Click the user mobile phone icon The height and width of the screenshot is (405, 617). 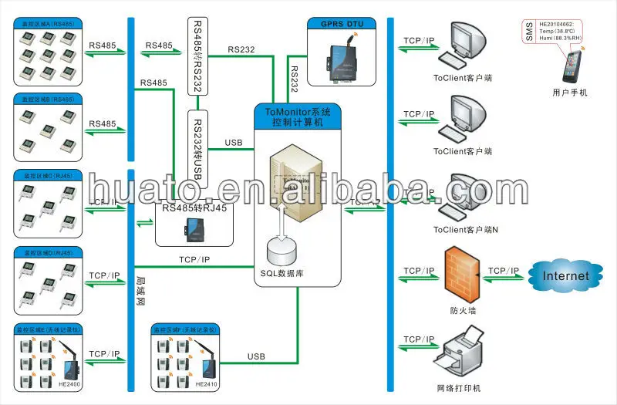pos(571,68)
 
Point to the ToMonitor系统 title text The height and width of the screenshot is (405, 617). pos(297,111)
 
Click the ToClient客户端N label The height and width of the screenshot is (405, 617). pos(465,229)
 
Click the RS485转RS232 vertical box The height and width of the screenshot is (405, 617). pos(196,54)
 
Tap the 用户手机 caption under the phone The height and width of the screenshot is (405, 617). pos(570,93)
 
